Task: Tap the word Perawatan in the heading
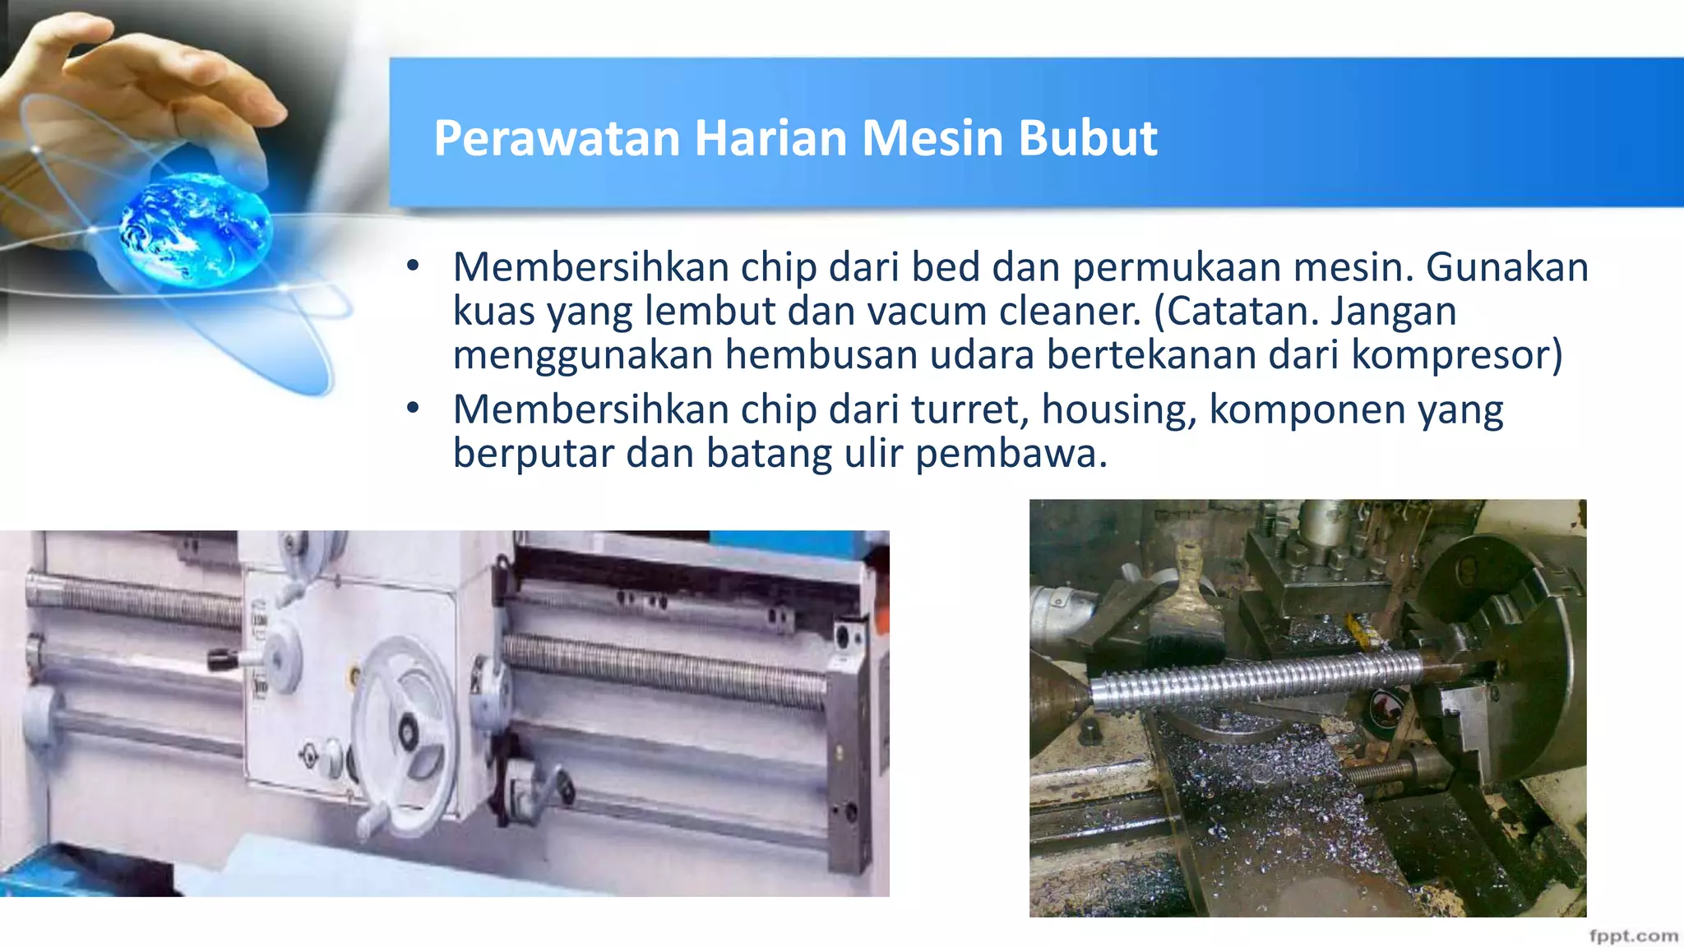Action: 557,138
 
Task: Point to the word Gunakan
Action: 1506,267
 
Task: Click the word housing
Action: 1118,411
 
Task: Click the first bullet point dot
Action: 413,265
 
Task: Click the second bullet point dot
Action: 413,407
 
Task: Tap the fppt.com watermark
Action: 1633,935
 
